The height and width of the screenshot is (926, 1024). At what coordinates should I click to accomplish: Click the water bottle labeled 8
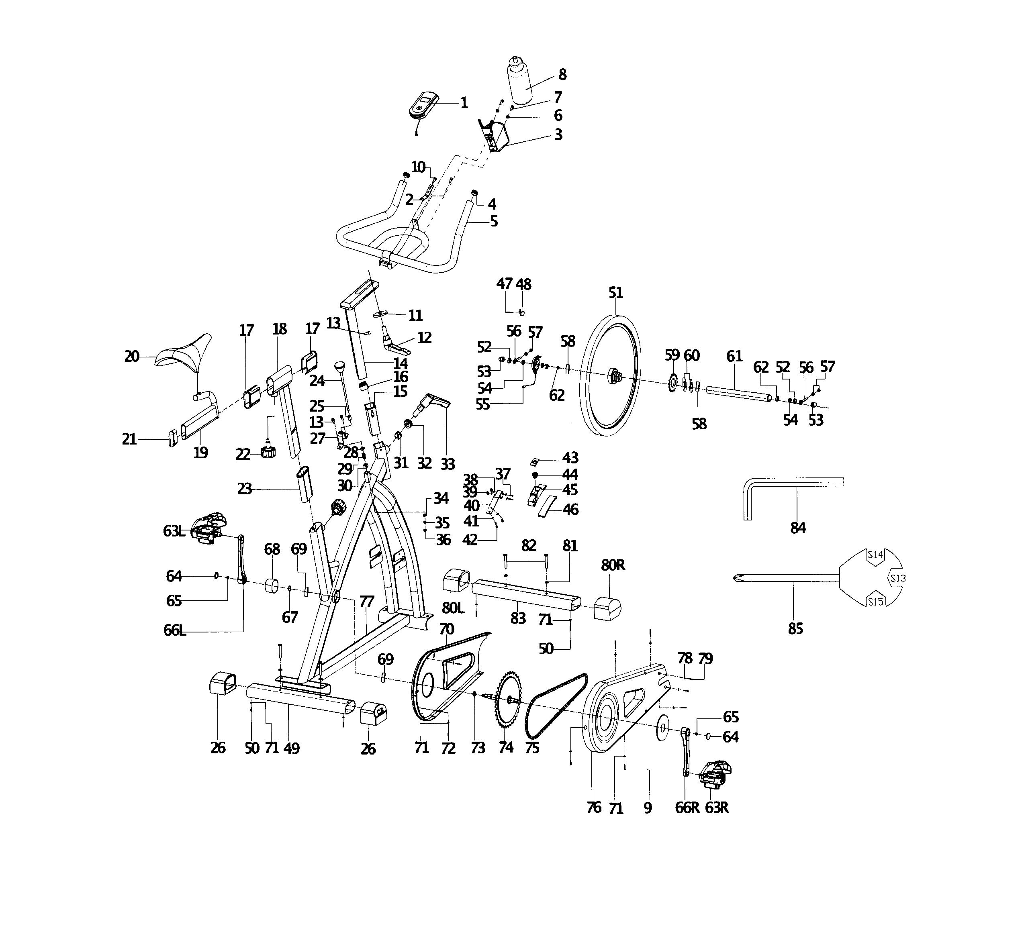[519, 81]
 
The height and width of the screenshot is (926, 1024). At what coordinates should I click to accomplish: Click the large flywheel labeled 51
[609, 376]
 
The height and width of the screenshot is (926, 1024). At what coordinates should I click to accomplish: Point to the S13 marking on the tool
[897, 578]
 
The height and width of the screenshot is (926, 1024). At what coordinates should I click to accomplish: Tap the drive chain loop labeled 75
[557, 706]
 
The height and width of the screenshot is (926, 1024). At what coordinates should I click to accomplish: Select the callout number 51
[615, 293]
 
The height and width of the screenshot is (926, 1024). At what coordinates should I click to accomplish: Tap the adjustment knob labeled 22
[268, 452]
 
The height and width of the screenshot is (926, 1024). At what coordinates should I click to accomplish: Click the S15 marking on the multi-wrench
[875, 602]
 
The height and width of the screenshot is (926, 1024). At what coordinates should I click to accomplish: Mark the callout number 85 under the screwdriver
[795, 629]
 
